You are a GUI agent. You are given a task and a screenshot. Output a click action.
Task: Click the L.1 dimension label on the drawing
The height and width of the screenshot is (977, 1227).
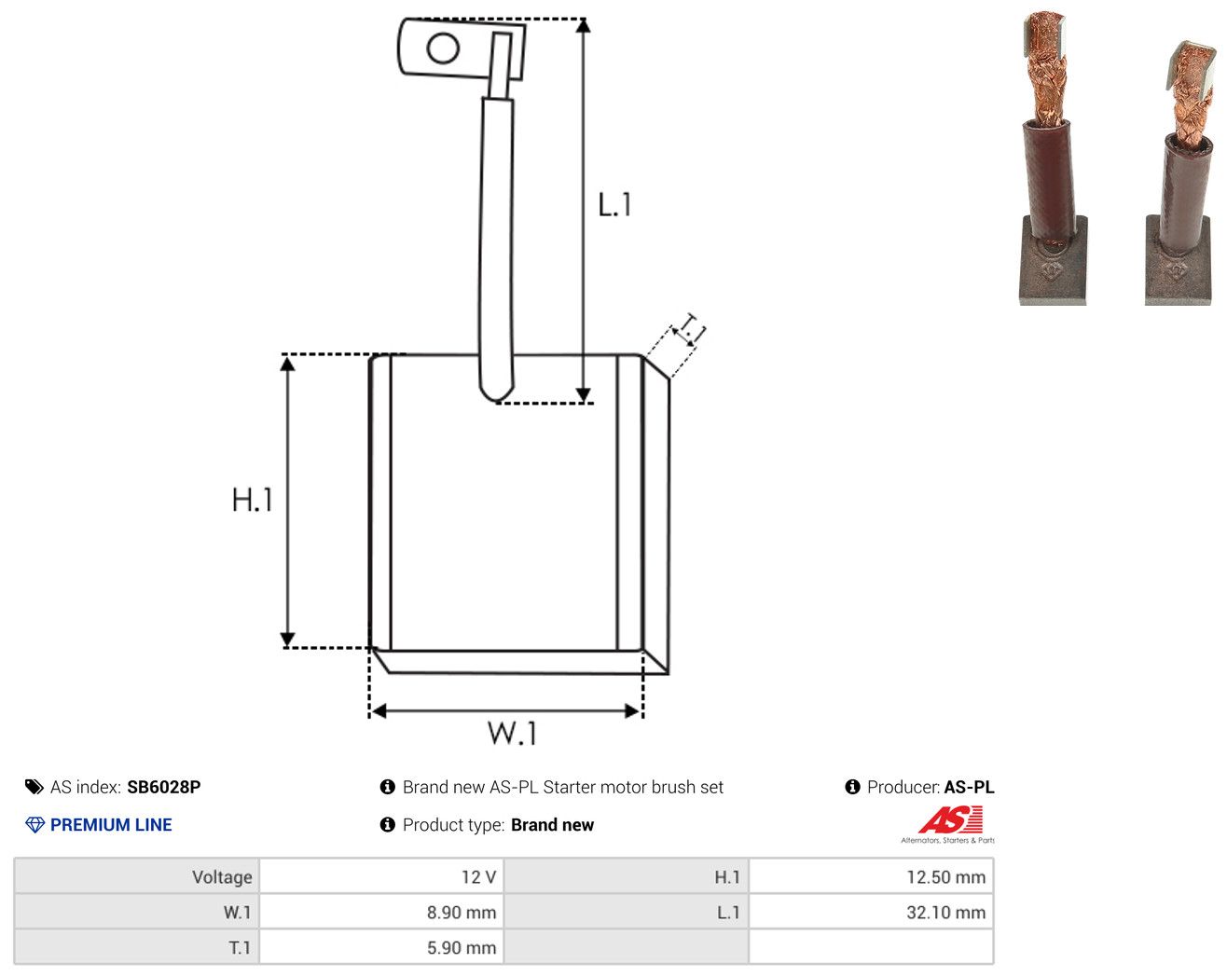614,204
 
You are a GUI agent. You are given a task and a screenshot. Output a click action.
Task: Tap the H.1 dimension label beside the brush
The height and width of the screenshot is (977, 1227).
252,500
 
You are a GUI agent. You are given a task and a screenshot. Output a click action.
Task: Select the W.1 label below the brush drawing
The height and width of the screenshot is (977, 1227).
512,733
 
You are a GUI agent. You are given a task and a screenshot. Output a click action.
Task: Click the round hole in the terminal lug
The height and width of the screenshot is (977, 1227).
443,48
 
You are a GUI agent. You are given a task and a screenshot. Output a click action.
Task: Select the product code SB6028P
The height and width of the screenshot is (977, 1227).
164,787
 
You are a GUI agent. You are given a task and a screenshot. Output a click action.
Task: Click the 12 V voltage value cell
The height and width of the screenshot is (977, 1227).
380,876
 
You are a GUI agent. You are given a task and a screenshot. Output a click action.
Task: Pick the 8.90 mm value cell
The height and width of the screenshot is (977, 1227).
380,912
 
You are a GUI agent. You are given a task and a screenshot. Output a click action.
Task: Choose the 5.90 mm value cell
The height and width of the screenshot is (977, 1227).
380,947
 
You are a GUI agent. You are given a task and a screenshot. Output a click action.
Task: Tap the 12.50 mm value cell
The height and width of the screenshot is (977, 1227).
871,876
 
